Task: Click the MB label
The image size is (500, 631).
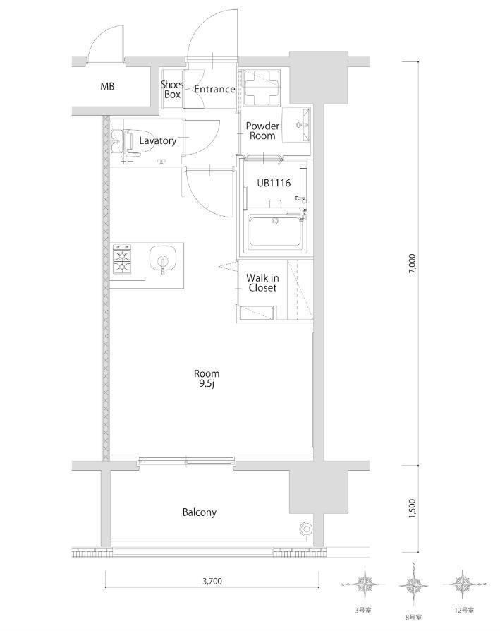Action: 107,86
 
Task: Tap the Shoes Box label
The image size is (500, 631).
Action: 173,90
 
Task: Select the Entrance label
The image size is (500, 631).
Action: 214,89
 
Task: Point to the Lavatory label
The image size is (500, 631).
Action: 158,140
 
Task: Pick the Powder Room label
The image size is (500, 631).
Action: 262,131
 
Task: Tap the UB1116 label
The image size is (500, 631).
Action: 274,183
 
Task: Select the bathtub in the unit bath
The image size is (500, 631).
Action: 275,232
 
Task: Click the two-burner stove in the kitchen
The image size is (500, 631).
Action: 122,259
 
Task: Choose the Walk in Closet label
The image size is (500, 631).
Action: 262,282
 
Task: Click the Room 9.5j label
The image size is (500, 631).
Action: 207,379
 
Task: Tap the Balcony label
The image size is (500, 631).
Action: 200,512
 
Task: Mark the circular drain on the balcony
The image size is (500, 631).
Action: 307,529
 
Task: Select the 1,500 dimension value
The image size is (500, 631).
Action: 412,509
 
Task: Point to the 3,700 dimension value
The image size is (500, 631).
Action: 212,581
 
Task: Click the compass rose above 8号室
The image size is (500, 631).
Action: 413,584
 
